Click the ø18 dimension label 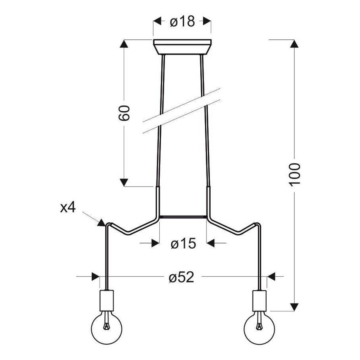click(x=182, y=21)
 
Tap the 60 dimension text click(x=124, y=113)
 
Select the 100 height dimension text click(x=294, y=174)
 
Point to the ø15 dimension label click(x=183, y=243)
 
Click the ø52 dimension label click(x=182, y=277)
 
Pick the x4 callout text click(x=68, y=207)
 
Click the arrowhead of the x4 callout click(x=101, y=223)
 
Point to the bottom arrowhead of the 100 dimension click(x=294, y=306)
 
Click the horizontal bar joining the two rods click(x=183, y=216)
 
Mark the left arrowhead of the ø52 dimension click(x=95, y=276)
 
